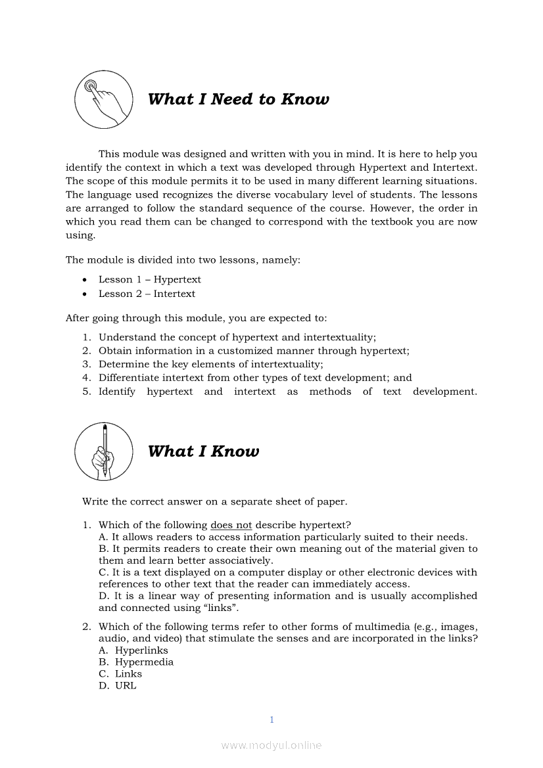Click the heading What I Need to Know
[238, 99]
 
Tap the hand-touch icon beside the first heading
[104, 99]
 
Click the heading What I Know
[203, 451]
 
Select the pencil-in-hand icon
[104, 451]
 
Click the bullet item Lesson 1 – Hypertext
[149, 280]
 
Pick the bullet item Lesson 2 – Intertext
[147, 294]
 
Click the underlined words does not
[231, 525]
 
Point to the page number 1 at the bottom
[271, 720]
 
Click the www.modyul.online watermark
[271, 746]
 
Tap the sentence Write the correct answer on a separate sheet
[214, 502]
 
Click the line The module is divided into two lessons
[183, 260]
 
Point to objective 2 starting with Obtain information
[254, 351]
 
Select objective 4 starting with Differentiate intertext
[255, 378]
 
